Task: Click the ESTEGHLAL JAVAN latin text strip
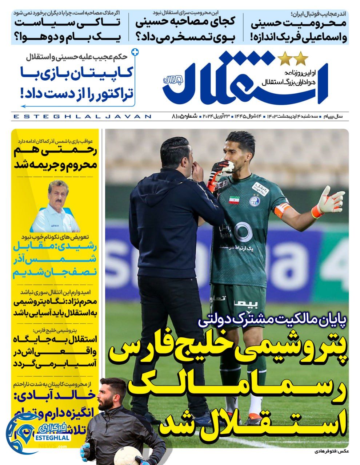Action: [x=82, y=116]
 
